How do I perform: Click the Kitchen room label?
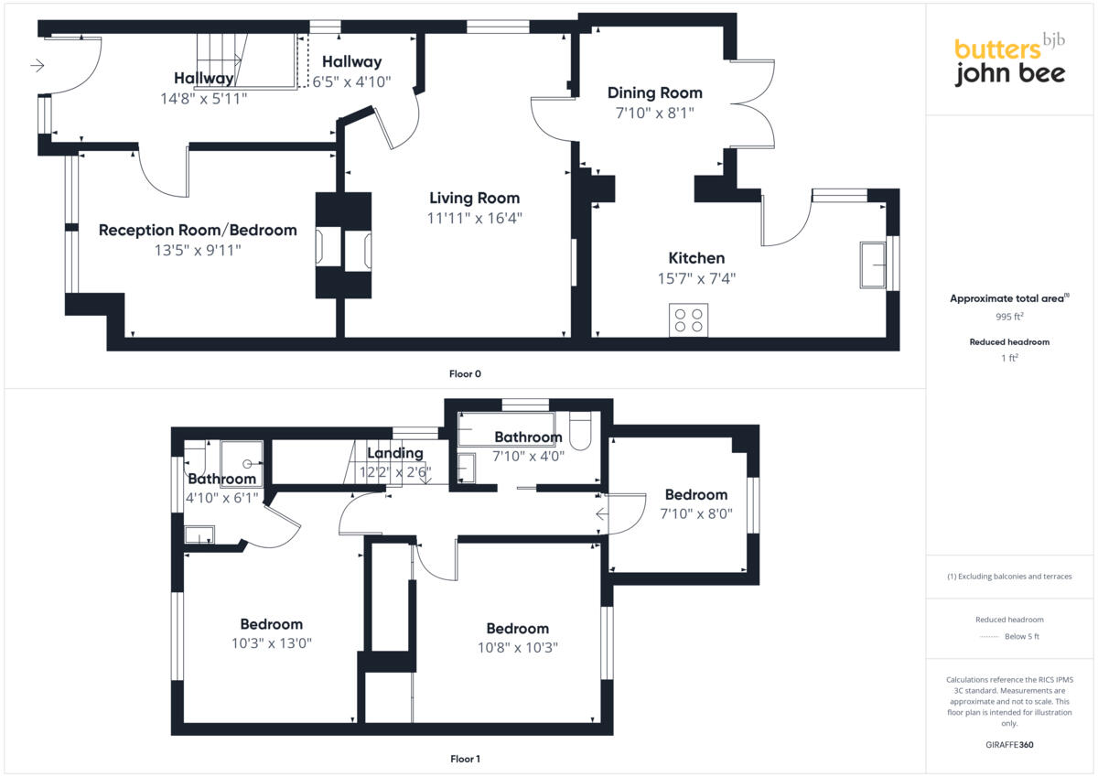695,258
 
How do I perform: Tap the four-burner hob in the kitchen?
688,319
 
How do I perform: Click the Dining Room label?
655,92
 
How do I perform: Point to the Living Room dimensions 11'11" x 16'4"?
476,218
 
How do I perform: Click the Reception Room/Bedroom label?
198,230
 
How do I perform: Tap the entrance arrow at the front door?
38,65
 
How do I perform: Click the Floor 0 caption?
465,373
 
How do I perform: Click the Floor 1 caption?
465,759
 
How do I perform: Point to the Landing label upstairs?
394,453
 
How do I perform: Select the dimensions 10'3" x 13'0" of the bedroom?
272,643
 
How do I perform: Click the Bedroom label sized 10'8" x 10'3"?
517,629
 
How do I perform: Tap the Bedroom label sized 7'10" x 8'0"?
695,494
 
